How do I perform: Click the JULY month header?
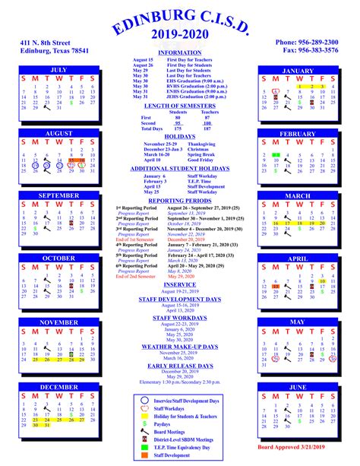[x=58, y=70]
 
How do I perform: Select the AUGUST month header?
[x=58, y=134]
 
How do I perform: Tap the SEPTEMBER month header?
[x=58, y=195]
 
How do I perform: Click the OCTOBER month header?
[x=58, y=258]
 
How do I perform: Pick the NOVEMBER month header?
[x=58, y=322]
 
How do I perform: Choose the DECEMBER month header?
[x=58, y=386]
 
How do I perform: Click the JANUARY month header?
[x=297, y=70]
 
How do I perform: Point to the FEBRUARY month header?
[x=297, y=134]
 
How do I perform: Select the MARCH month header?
[x=297, y=195]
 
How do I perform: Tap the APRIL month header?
[x=297, y=258]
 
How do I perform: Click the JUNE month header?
[x=297, y=386]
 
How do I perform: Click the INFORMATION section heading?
[x=179, y=52]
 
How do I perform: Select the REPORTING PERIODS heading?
[x=179, y=201]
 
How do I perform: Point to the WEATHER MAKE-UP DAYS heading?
[x=179, y=346]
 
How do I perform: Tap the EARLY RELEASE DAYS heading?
[x=179, y=366]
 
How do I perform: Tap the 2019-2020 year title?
[x=179, y=36]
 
